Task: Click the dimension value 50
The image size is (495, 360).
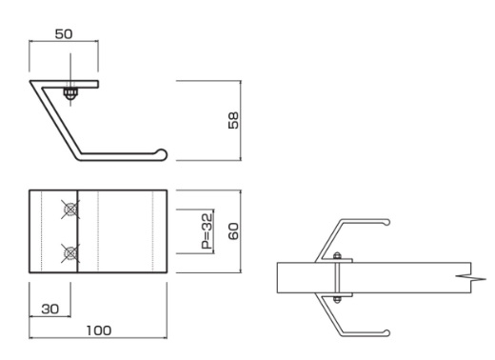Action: [64, 34]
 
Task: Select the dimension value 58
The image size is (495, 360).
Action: [233, 120]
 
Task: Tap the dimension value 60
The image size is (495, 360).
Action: [233, 231]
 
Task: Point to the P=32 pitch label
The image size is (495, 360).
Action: [207, 231]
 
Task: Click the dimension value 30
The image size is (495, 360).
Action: [50, 309]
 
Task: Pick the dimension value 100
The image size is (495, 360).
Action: [99, 330]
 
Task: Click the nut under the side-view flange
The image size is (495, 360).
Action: [70, 93]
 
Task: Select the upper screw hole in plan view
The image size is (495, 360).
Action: [70, 210]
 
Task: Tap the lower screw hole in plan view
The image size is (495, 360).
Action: [70, 253]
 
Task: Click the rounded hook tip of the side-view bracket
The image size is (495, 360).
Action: [162, 154]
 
